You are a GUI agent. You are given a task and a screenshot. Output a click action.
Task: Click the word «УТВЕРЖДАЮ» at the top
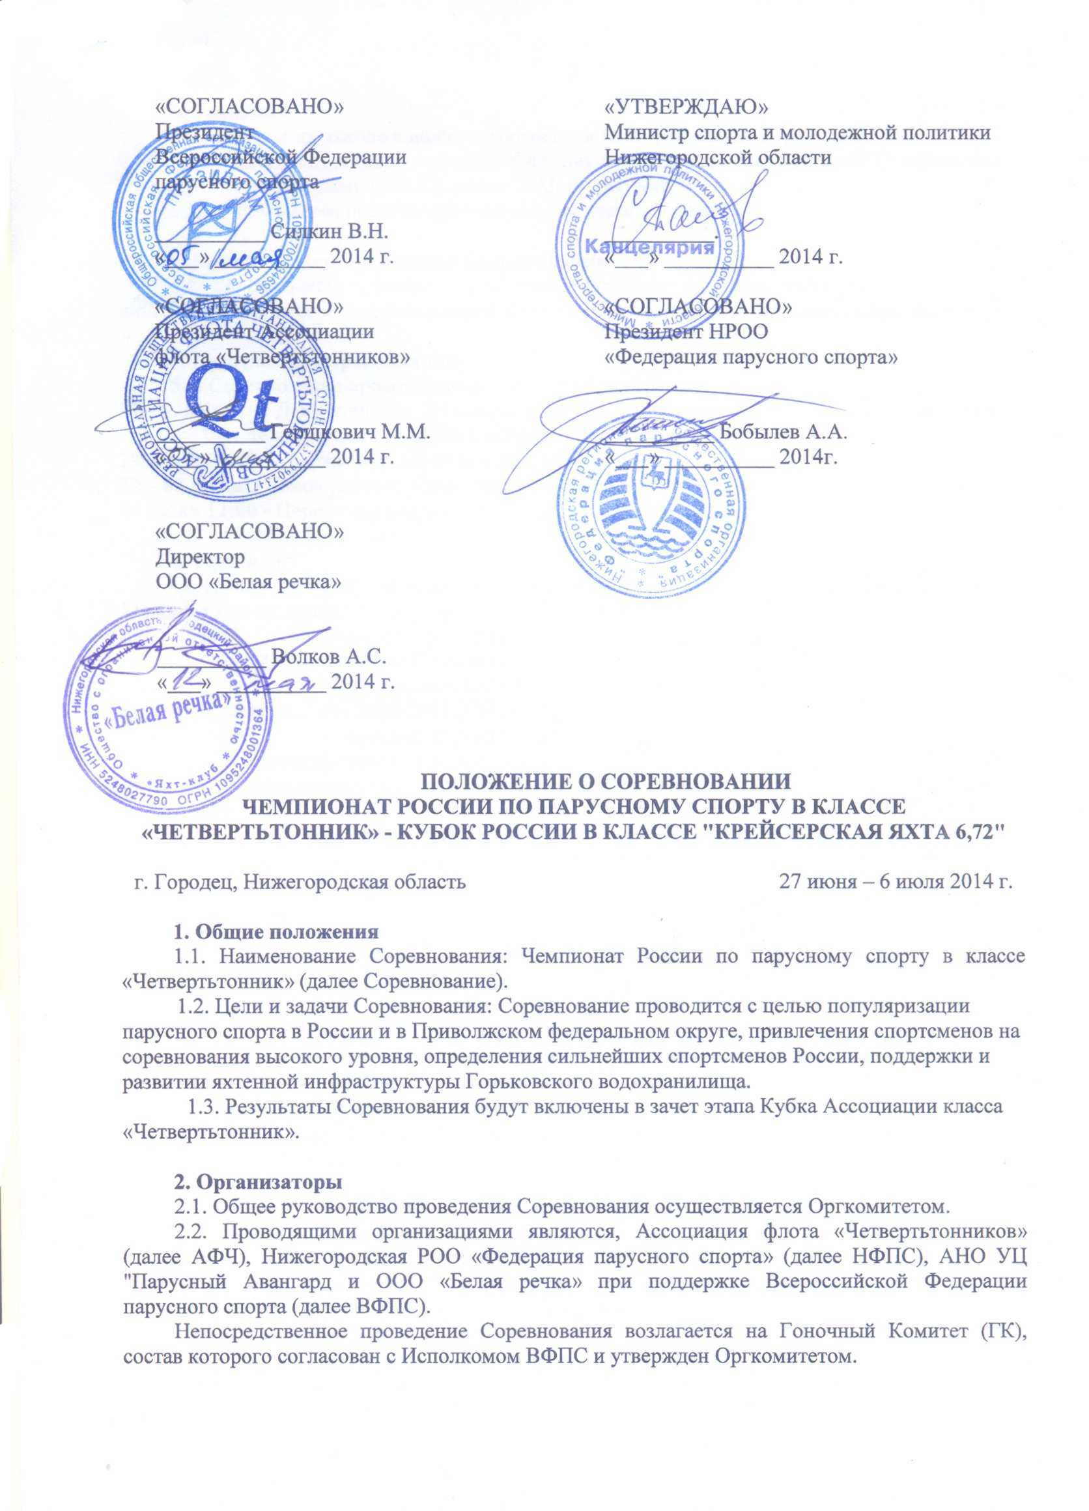pos(686,107)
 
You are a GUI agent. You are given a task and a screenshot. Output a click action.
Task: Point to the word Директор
pos(200,556)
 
